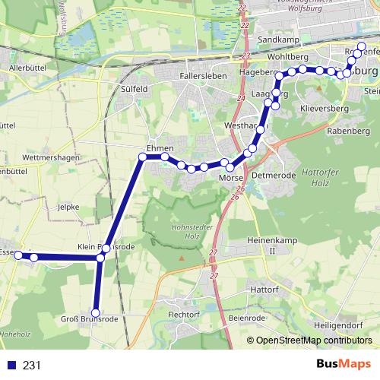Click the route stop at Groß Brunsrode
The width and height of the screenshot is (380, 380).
tap(96, 312)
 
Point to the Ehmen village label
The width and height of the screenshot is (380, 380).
tap(161, 147)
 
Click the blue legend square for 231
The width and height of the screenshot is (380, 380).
tap(11, 365)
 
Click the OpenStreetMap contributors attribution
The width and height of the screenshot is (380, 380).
tap(314, 340)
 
